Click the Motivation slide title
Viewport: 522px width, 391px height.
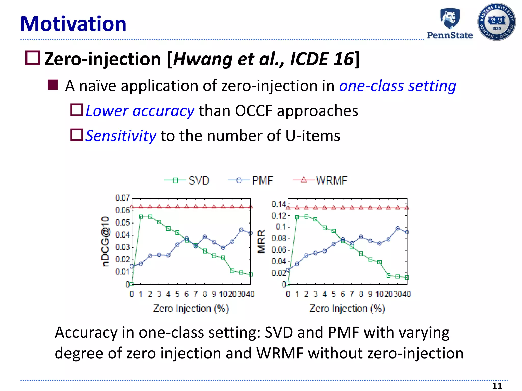pyautogui.click(x=73, y=24)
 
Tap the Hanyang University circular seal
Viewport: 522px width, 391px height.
pyautogui.click(x=497, y=22)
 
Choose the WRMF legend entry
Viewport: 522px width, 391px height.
pyautogui.click(x=320, y=181)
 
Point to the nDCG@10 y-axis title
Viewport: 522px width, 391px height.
pyautogui.click(x=105, y=241)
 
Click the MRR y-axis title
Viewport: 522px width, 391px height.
pyautogui.click(x=262, y=241)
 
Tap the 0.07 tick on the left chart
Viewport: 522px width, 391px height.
pyautogui.click(x=122, y=198)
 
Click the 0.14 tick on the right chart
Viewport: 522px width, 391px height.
pyautogui.click(x=279, y=204)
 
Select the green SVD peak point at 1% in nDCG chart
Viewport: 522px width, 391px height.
pyautogui.click(x=141, y=217)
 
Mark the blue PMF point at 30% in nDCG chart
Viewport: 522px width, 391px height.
pyautogui.click(x=241, y=230)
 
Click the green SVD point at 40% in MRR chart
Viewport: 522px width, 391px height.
pyautogui.click(x=407, y=277)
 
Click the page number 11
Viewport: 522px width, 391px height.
pyautogui.click(x=497, y=386)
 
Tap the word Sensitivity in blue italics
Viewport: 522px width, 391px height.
pyautogui.click(x=121, y=136)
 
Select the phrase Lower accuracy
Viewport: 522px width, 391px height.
pyautogui.click(x=140, y=111)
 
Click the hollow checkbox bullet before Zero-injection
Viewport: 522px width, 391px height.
pyautogui.click(x=33, y=58)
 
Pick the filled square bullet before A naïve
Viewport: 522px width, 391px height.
pyautogui.click(x=53, y=85)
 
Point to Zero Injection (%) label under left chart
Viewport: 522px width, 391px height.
pyautogui.click(x=191, y=309)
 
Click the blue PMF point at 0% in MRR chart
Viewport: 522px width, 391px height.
pyautogui.click(x=288, y=270)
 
